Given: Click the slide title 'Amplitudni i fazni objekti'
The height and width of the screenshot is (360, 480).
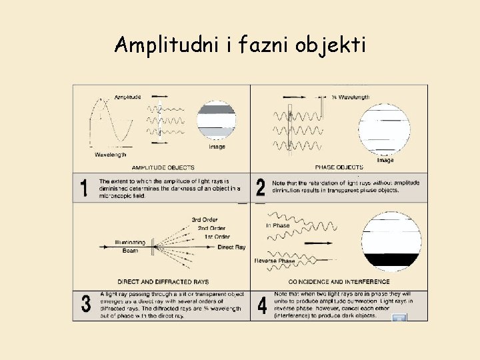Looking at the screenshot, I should coord(239,45).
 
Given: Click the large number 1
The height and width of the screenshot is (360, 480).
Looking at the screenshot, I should coord(85,188).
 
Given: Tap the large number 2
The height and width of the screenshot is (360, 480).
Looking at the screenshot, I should coord(261,188).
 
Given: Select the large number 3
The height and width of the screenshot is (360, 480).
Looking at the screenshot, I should coord(85,305).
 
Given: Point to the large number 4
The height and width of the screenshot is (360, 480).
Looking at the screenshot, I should coord(261,305).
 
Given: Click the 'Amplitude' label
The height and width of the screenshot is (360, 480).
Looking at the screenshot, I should coord(127,97).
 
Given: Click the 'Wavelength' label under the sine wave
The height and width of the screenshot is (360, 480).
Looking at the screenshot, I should coord(110,155).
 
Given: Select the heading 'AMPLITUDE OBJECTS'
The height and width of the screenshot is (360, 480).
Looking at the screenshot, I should coord(163,167).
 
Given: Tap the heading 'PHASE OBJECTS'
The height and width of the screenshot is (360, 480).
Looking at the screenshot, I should coord(339,167).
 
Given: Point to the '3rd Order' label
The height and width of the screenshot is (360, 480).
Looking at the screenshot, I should coord(204,219).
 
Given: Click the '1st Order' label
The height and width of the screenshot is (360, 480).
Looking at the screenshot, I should coord(217,237).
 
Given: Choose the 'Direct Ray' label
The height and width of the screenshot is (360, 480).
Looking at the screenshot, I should coord(231,247).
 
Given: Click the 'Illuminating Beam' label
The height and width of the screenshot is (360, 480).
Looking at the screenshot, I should coord(129,247).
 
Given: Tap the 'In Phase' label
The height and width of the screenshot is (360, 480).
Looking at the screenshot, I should coord(277,225).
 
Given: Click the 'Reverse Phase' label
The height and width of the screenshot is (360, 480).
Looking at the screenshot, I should coord(275,261).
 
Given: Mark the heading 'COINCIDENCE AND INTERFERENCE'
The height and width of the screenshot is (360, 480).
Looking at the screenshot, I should coord(339,282).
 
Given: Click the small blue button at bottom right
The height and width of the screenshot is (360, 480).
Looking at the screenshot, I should coord(399,317).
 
